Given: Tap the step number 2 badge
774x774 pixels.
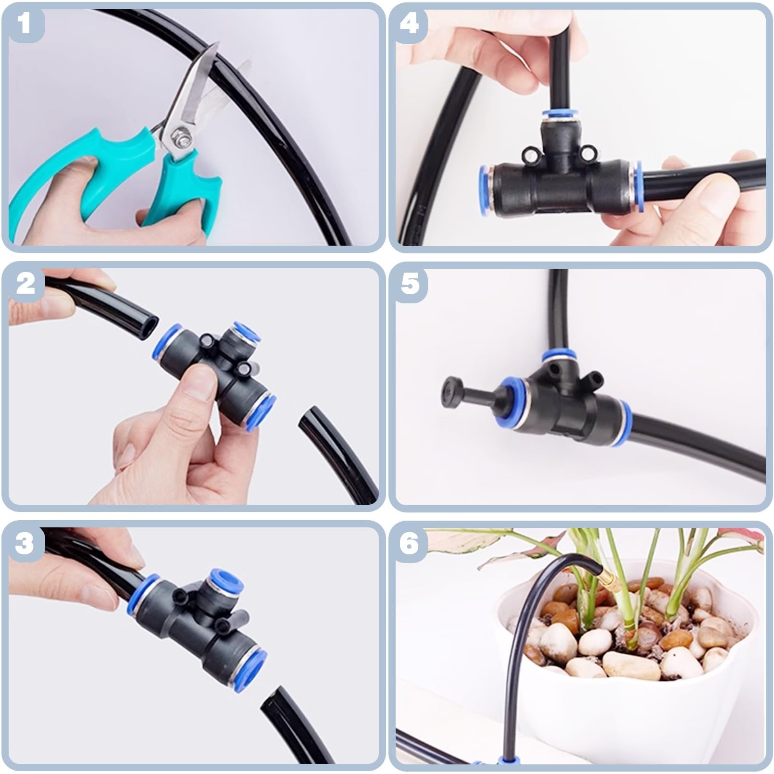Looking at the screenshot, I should click(x=25, y=284).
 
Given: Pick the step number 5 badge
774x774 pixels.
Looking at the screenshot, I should click(x=410, y=284).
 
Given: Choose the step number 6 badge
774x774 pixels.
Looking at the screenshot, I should click(x=410, y=544).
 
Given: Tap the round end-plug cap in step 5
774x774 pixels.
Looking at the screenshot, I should click(x=450, y=393).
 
